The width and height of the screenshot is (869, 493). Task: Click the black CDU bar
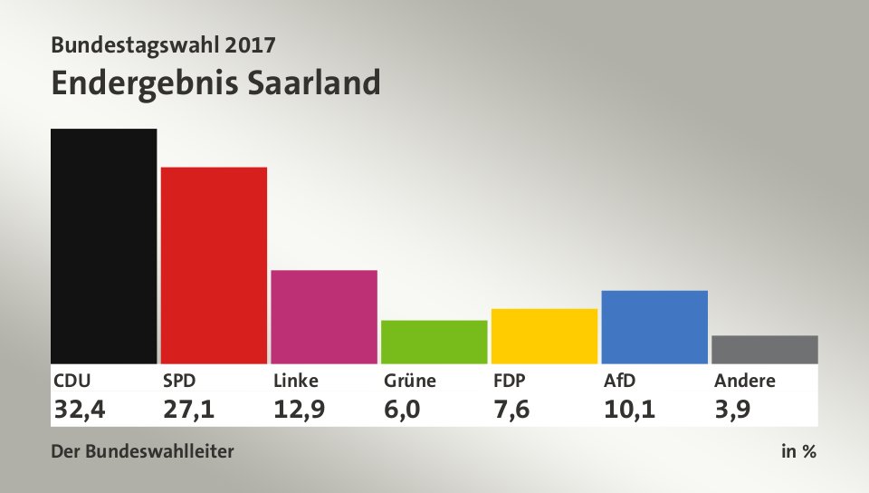(104, 246)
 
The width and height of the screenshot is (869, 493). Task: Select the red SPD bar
(214, 265)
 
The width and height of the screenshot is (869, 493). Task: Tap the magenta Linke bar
(324, 316)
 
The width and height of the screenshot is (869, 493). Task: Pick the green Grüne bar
(434, 342)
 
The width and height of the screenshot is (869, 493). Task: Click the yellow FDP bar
(544, 335)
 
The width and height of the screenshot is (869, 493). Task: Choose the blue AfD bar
(654, 326)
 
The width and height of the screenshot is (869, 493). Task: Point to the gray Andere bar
(765, 349)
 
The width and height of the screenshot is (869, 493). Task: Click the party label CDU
(72, 381)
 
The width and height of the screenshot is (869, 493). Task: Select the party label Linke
(296, 381)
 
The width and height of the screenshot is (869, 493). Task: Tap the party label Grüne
(409, 381)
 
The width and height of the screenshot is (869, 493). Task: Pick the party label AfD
(620, 381)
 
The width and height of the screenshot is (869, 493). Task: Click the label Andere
(744, 381)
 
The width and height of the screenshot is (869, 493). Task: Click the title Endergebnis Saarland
(215, 82)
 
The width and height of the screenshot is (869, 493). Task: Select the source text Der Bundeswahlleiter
(143, 450)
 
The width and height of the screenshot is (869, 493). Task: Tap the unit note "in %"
(798, 450)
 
